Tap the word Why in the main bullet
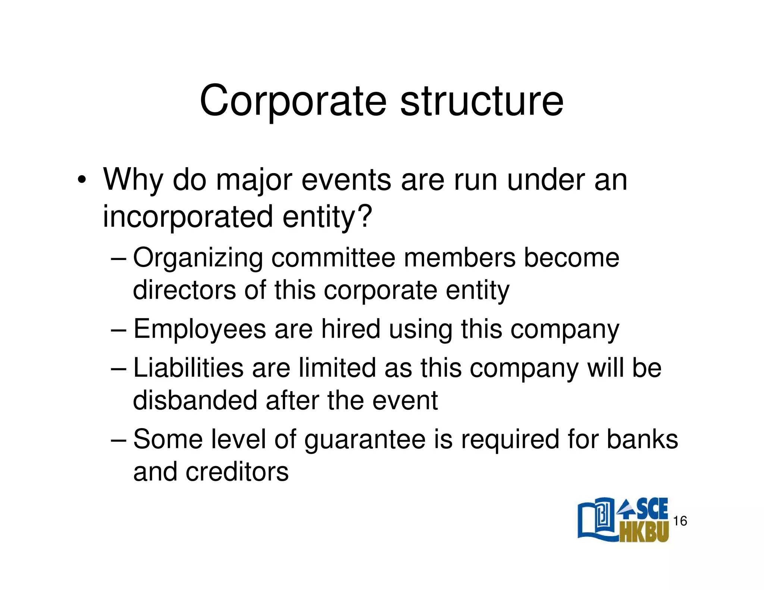[133, 180]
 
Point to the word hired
[350, 329]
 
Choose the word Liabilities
[188, 368]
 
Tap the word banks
[642, 439]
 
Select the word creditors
[237, 472]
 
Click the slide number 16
[680, 521]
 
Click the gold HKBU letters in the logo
[644, 532]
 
